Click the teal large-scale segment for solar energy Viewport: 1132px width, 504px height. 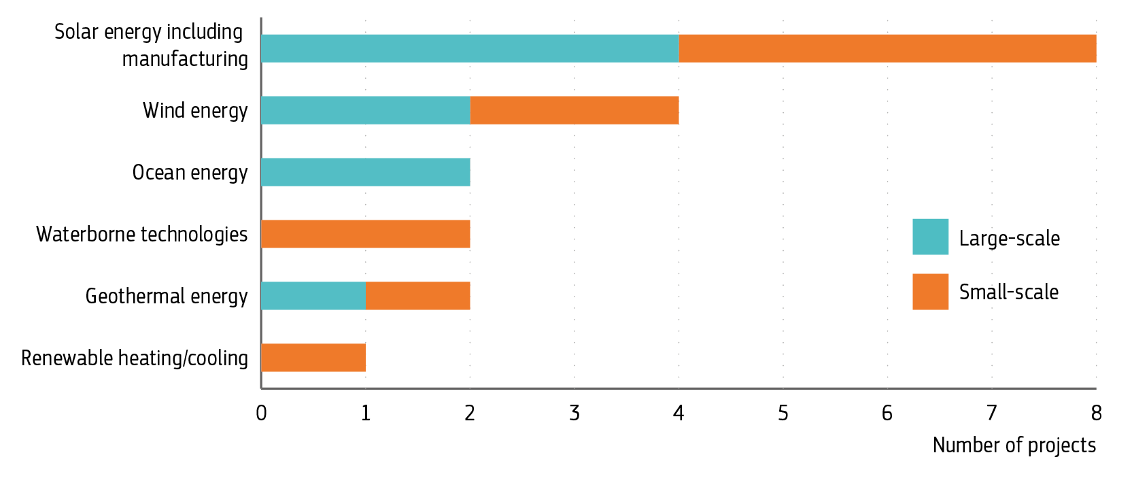[x=470, y=48]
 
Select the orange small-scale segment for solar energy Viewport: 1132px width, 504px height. [x=887, y=48]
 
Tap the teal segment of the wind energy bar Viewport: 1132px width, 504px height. [x=366, y=110]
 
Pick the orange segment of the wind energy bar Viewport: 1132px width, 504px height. [x=574, y=110]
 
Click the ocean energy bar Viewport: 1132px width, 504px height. [x=366, y=172]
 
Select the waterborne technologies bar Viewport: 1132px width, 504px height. [x=366, y=234]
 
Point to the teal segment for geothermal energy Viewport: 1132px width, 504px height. [x=313, y=296]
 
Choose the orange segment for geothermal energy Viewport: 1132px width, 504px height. [x=417, y=296]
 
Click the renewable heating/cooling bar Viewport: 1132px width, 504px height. [x=313, y=358]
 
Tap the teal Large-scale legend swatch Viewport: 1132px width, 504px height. [x=930, y=237]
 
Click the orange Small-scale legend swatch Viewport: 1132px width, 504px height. [x=930, y=292]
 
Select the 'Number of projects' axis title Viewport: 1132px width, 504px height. [x=1014, y=445]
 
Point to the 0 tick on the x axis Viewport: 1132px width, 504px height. [x=261, y=413]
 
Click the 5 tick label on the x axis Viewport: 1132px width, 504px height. [x=783, y=413]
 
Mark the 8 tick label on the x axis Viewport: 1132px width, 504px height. [x=1096, y=413]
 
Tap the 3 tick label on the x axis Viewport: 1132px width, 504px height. [x=574, y=413]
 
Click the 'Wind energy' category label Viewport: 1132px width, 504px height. [x=195, y=111]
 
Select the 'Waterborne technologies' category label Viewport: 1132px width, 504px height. [x=142, y=235]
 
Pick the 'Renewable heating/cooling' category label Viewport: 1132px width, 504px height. [x=135, y=358]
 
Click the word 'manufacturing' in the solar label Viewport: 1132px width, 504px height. [x=185, y=60]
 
